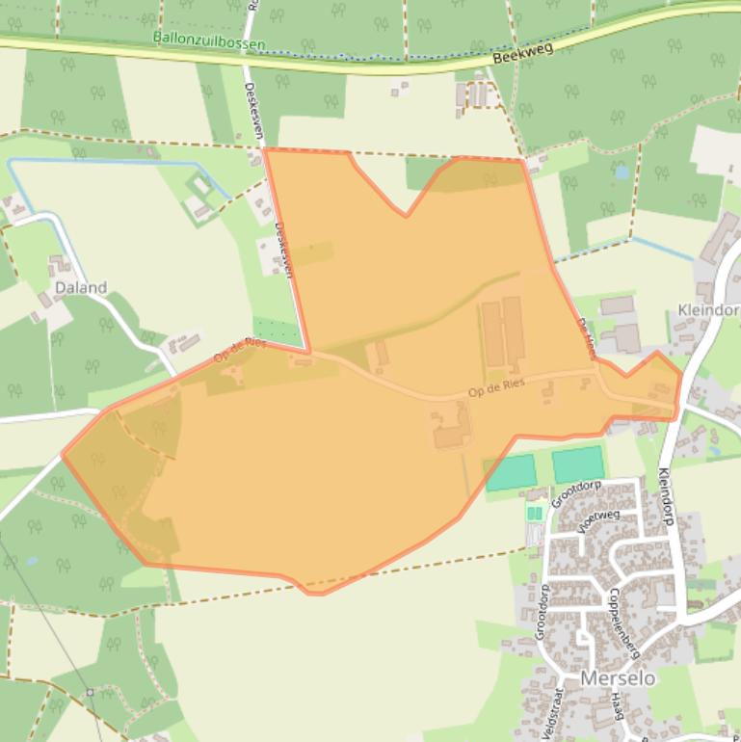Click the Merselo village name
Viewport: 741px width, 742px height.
617,677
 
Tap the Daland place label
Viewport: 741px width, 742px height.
81,287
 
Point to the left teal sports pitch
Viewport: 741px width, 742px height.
511,473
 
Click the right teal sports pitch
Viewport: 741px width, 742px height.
578,464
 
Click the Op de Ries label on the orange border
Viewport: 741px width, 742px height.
239,350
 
